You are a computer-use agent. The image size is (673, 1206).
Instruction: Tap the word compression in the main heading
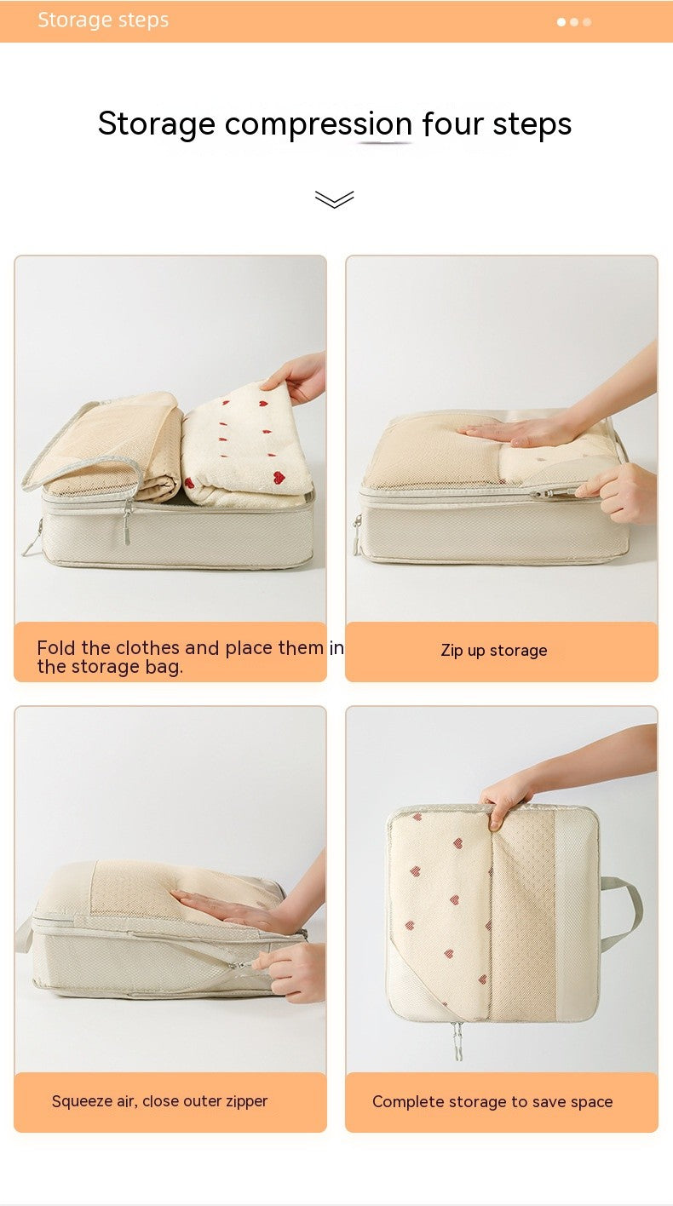click(x=319, y=124)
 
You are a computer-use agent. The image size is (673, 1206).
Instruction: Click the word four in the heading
click(x=453, y=124)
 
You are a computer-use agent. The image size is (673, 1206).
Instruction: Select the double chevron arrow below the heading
click(x=334, y=199)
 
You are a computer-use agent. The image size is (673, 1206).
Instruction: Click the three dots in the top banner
click(x=574, y=22)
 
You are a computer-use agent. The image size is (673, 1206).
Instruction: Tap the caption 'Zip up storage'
click(x=494, y=651)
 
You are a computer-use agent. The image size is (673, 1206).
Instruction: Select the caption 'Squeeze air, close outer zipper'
click(x=159, y=1101)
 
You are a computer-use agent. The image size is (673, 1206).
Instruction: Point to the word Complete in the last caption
click(x=406, y=1101)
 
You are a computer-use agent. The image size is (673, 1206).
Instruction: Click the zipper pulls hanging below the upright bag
click(x=457, y=1040)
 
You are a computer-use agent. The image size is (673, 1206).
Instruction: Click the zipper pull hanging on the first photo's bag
click(x=127, y=521)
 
